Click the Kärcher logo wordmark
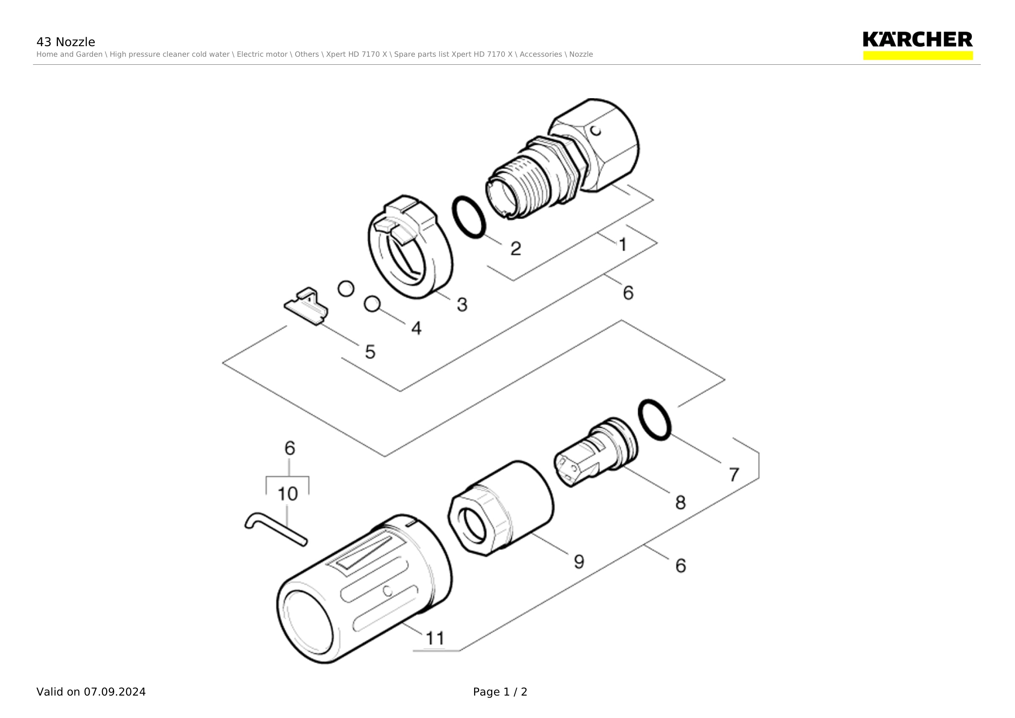(x=917, y=39)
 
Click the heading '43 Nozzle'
(x=66, y=42)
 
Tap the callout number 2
(x=516, y=249)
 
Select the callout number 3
(x=462, y=304)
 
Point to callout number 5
(x=370, y=352)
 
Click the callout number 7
(x=734, y=475)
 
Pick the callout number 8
(x=680, y=502)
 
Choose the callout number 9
(x=579, y=561)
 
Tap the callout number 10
(x=287, y=494)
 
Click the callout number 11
(x=435, y=638)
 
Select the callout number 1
(x=623, y=244)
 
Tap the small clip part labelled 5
(x=306, y=307)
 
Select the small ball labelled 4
(x=372, y=304)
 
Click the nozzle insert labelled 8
(x=595, y=452)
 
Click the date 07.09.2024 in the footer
(x=115, y=692)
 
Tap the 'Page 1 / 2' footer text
(x=500, y=692)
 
